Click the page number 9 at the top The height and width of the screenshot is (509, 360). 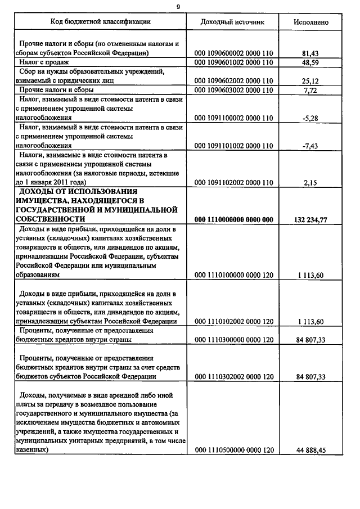point(178,6)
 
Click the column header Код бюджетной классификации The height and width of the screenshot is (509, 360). point(101,22)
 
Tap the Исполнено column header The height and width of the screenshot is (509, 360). point(311,22)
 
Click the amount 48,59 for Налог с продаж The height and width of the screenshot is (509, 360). point(311,62)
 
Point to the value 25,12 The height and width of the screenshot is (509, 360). point(311,80)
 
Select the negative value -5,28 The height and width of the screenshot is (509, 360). point(310,118)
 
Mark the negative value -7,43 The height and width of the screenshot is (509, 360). point(310,146)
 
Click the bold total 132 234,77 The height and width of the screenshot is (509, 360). point(311,219)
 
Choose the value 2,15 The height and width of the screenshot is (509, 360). point(311,182)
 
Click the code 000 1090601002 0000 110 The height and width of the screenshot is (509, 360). point(233,62)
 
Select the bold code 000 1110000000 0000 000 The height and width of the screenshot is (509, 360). point(233,219)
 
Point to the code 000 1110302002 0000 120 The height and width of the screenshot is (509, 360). point(233,376)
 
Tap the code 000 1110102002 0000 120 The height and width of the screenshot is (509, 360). point(233,321)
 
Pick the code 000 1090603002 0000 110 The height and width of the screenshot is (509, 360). point(233,90)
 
